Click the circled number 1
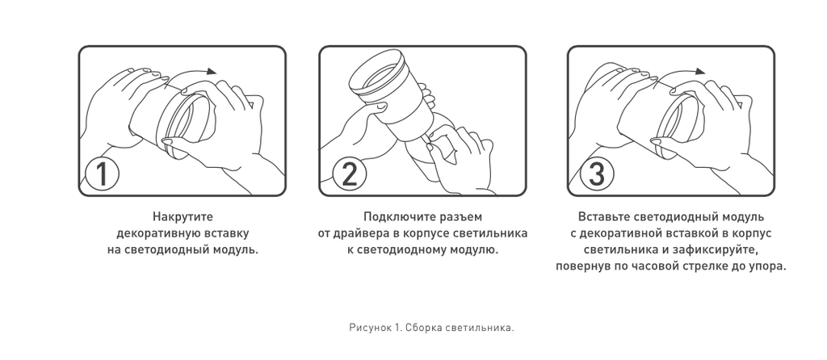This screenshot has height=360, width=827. click(x=102, y=174)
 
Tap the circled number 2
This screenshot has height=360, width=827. click(x=349, y=174)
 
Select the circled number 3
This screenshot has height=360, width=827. click(x=597, y=174)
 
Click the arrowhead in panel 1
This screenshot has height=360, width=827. click(x=212, y=71)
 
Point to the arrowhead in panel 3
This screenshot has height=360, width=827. click(x=700, y=71)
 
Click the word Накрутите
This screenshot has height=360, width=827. click(x=183, y=216)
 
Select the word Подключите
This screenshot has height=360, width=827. click(x=394, y=216)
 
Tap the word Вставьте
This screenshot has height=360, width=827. click(x=603, y=216)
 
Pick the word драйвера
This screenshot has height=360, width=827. click(x=356, y=233)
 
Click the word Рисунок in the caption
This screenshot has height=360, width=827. click(x=370, y=328)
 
